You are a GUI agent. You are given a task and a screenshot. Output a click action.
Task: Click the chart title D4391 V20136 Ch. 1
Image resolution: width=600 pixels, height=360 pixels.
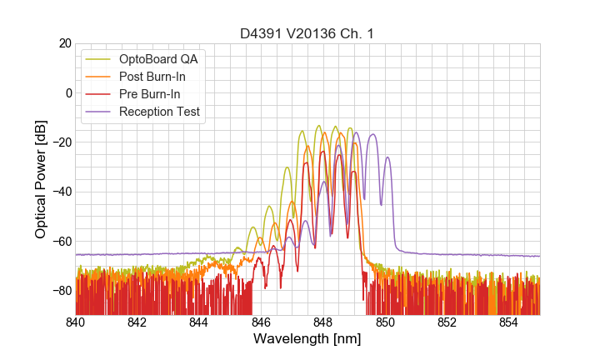pyautogui.click(x=307, y=33)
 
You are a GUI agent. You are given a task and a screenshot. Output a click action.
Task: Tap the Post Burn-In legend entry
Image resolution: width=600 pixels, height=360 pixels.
pyautogui.click(x=160, y=77)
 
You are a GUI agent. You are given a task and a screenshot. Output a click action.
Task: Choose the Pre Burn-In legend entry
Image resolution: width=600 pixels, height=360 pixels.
pyautogui.click(x=156, y=94)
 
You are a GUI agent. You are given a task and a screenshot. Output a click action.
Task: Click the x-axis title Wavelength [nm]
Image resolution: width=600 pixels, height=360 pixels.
pyautogui.click(x=307, y=340)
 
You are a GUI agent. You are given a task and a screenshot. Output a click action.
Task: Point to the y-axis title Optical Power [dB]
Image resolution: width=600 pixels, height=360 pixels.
pyautogui.click(x=41, y=179)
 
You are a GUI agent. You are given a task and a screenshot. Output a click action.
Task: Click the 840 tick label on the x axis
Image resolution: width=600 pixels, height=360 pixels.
pyautogui.click(x=76, y=322)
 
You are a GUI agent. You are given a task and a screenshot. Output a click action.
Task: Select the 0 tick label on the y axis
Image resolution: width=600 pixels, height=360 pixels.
pyautogui.click(x=68, y=92)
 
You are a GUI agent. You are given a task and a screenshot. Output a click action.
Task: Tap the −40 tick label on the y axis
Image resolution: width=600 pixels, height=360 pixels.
pyautogui.click(x=61, y=192)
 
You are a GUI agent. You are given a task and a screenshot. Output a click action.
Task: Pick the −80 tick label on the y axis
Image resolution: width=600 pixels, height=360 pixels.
pyautogui.click(x=61, y=290)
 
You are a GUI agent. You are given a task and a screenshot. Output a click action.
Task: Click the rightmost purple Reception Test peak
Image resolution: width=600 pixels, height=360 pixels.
pyautogui.click(x=373, y=134)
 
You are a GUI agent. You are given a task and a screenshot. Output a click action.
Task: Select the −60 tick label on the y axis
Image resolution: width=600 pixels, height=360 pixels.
pyautogui.click(x=61, y=241)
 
